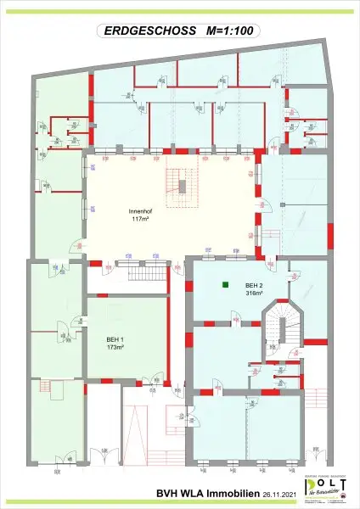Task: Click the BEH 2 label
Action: coord(254,285)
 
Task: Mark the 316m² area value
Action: coord(254,294)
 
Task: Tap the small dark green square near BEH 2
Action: coord(226,285)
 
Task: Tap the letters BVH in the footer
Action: coord(168,493)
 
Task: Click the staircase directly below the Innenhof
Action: coord(134,276)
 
